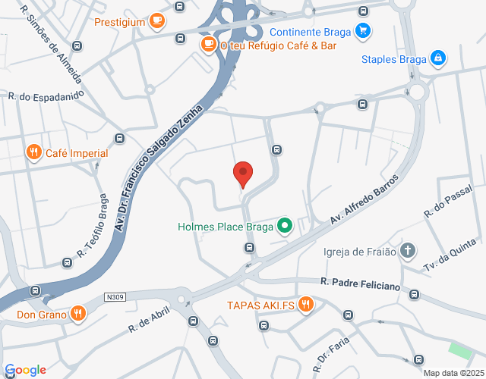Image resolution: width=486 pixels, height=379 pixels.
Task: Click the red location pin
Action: click(x=242, y=174)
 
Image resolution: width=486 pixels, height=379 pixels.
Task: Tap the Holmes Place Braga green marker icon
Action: click(x=285, y=226)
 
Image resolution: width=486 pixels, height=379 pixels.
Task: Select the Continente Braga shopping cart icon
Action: click(x=363, y=32)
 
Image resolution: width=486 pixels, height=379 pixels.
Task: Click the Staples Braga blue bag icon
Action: click(x=437, y=58)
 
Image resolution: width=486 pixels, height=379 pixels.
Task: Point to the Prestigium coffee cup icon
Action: click(x=157, y=21)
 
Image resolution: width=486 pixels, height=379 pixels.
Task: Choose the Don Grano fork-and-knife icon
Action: click(x=77, y=312)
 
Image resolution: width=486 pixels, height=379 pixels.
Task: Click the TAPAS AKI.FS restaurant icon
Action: click(x=305, y=305)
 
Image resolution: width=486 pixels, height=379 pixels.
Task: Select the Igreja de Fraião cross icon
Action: click(x=408, y=251)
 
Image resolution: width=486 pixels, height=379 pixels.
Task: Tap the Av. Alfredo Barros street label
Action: click(x=364, y=199)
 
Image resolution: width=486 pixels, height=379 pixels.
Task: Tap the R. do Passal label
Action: click(x=449, y=202)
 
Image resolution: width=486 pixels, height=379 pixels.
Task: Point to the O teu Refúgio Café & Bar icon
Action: click(x=207, y=45)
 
